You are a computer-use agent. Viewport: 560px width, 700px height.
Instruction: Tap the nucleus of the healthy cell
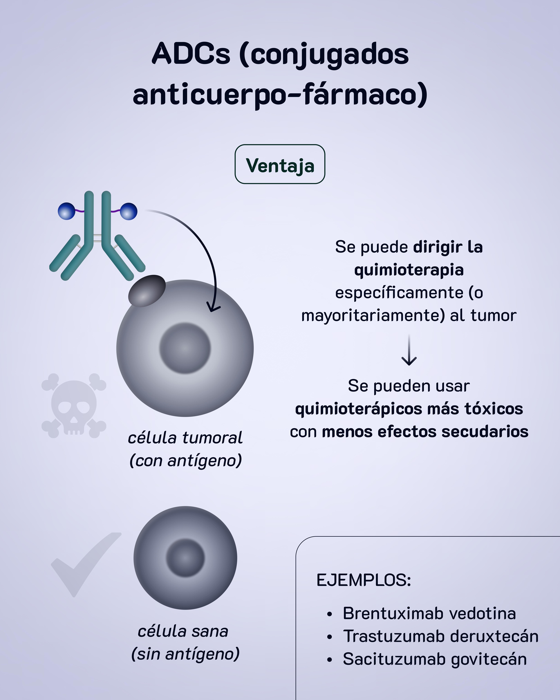click(185, 558)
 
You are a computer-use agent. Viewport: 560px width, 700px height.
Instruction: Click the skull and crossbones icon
click(74, 406)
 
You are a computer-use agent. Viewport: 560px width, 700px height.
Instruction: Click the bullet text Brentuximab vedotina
click(429, 614)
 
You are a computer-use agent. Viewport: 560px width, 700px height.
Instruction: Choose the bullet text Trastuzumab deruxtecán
click(441, 636)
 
